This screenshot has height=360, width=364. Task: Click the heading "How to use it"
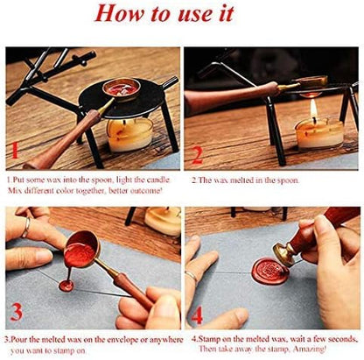pos(164,13)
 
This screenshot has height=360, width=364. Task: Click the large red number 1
pos(13,151)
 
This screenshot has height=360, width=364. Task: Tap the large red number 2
pos(197,154)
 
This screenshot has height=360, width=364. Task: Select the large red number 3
pos(16,312)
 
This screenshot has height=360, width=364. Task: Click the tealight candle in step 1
pos(129,135)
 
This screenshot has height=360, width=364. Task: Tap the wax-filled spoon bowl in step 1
pos(122,88)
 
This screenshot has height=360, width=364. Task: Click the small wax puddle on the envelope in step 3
pos(66,286)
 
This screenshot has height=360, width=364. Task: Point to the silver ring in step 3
pos(26,227)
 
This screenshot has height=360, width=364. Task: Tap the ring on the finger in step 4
pos(191,276)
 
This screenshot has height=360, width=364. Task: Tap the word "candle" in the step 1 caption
pos(157,180)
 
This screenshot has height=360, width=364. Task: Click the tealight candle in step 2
pos(319,134)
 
